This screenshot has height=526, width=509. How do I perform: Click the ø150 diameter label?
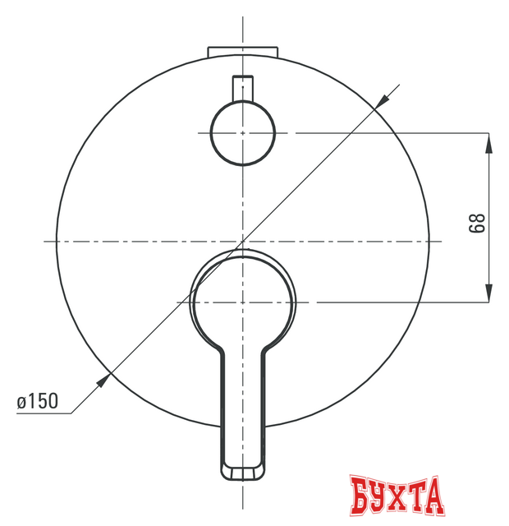pyautogui.click(x=37, y=402)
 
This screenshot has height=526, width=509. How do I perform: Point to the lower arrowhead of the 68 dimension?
pyautogui.click(x=490, y=294)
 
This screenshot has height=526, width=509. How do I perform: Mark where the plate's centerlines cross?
pyautogui.click(x=244, y=241)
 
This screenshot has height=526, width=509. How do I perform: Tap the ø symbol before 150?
pyautogui.click(x=21, y=402)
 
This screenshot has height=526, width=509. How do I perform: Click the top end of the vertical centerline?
pyautogui.click(x=244, y=16)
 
